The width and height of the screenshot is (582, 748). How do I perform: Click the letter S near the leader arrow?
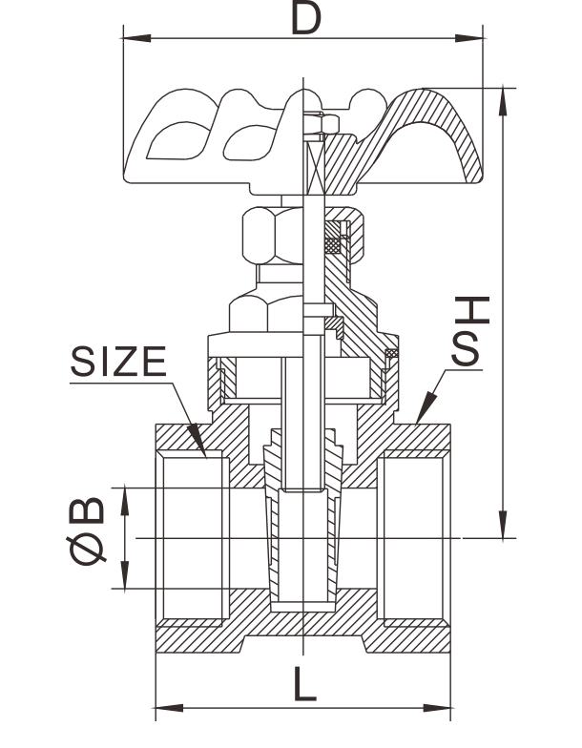[x=467, y=350]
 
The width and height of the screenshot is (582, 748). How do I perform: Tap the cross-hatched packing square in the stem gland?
[x=333, y=240]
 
